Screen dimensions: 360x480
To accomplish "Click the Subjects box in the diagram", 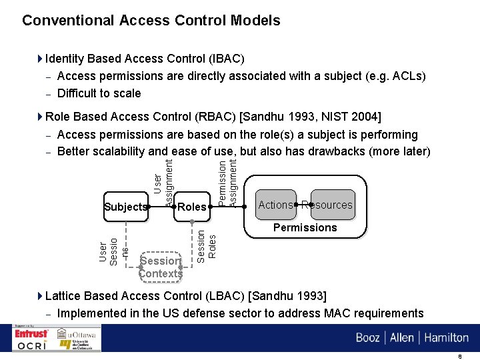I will point(125,207).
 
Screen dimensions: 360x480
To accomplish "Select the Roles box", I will point(192,207).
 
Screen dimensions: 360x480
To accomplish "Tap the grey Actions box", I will point(275,205).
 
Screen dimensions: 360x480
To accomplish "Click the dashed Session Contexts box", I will point(160,267).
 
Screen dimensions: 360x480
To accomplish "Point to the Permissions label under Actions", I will point(305,227).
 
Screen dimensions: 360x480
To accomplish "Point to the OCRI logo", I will point(31,345).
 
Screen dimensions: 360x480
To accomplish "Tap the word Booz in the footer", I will point(367,337).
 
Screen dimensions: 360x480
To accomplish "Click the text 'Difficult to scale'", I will point(99,93).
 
